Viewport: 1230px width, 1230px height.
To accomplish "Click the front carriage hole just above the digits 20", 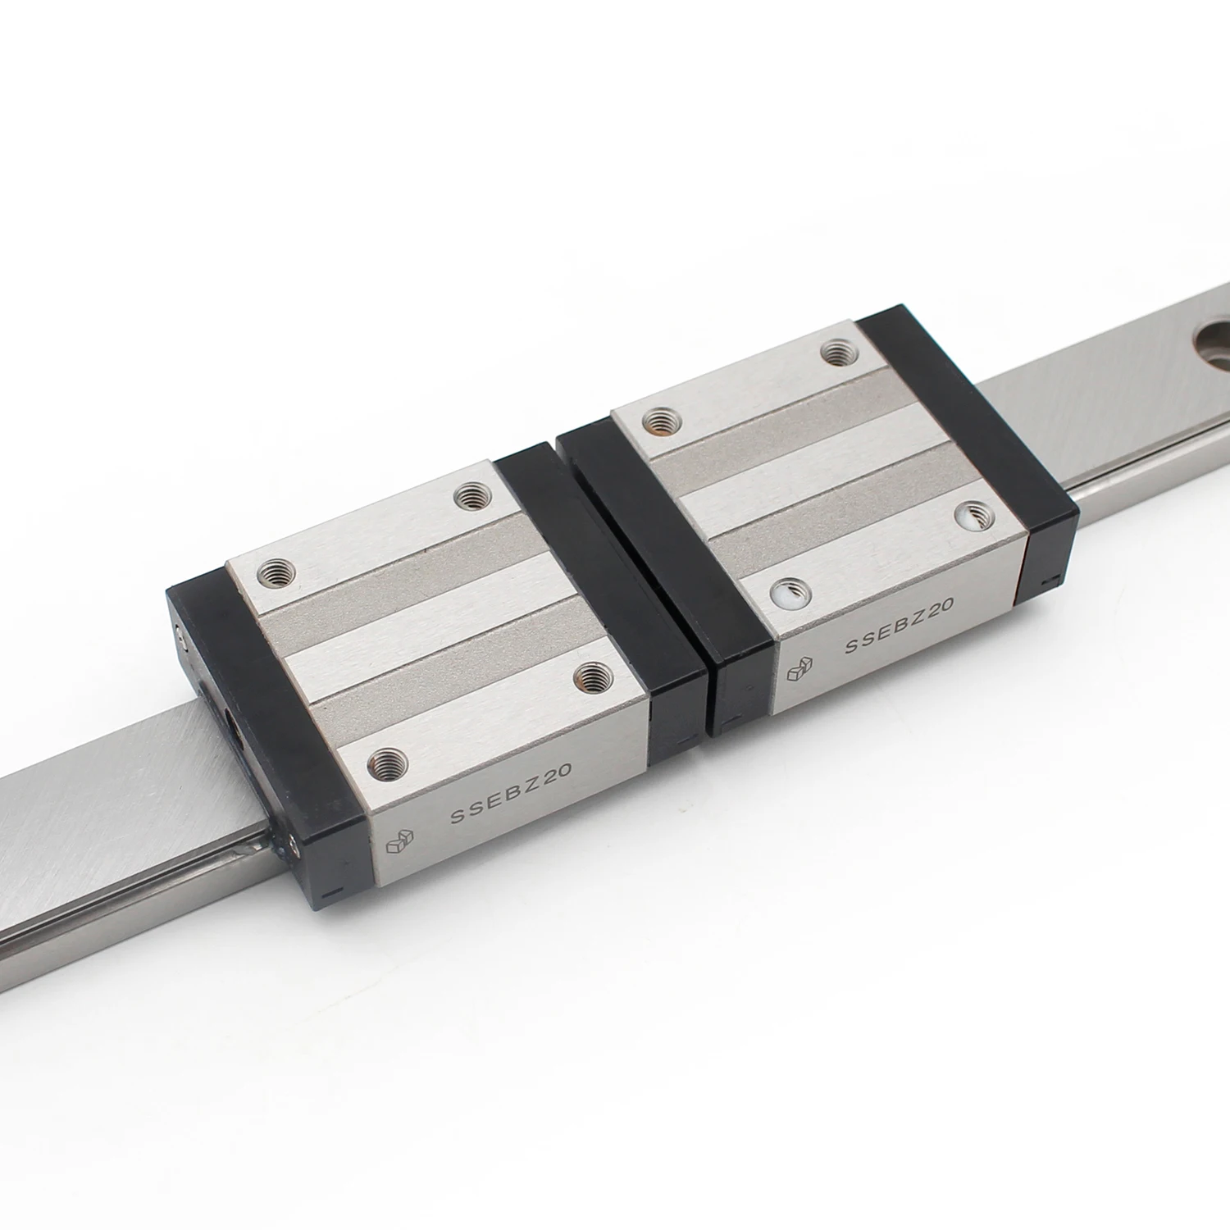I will pos(589,674).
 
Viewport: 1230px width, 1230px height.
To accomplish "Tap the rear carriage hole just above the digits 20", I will pos(972,513).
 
